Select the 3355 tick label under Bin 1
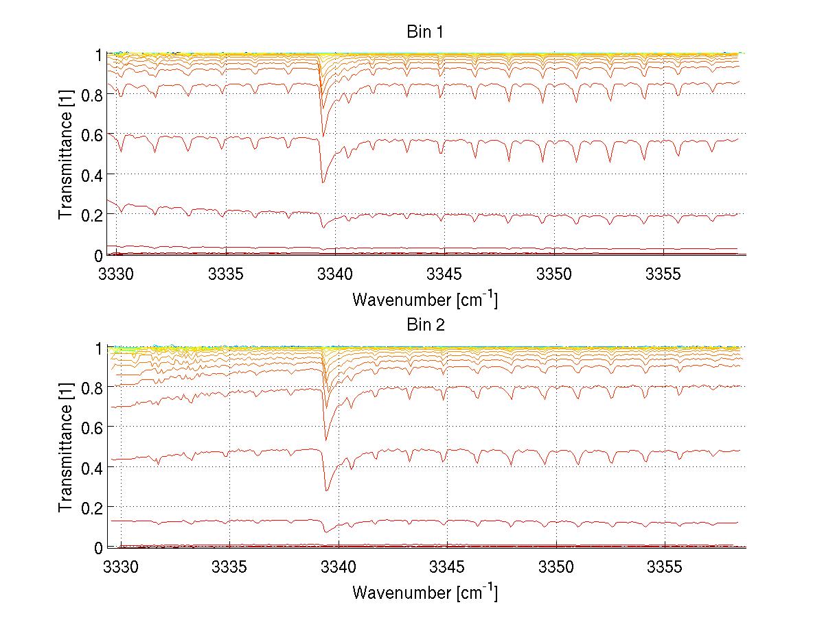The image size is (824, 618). (x=663, y=275)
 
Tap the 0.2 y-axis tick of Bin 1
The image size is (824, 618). (x=90, y=215)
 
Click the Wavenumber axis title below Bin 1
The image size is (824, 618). (x=425, y=299)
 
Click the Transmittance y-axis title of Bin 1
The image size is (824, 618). (x=66, y=154)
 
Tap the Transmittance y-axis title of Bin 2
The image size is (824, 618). (x=66, y=447)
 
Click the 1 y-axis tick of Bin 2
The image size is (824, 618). (x=98, y=348)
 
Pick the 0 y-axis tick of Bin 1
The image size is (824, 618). (x=98, y=255)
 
